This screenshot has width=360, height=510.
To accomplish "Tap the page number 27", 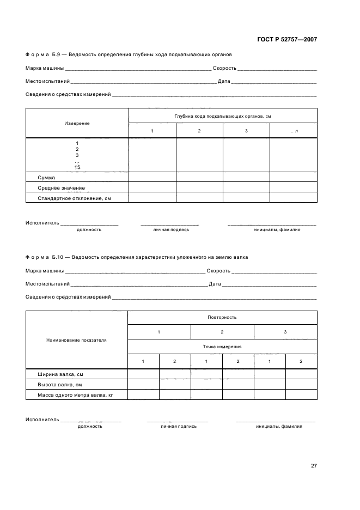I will [313, 466].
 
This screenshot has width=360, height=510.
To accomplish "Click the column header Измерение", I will [77, 123].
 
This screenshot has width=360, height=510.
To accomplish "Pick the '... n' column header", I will [293, 131].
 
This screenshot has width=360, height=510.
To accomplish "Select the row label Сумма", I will [46, 178].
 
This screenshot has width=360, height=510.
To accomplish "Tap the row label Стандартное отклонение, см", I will [74, 198].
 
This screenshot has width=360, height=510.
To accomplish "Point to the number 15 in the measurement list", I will [77, 167].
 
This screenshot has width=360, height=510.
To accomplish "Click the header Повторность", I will [222, 317].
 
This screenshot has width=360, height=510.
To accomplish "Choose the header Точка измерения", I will [222, 347].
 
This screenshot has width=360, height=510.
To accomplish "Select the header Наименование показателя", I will [77, 339].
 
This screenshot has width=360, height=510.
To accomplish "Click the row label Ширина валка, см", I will [60, 375].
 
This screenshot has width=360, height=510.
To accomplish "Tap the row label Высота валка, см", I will [59, 385].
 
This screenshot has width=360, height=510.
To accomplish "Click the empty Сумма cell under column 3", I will [246, 178].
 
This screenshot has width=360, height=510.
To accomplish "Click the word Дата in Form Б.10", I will [215, 284].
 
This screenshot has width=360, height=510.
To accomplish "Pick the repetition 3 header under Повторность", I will [285, 332].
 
